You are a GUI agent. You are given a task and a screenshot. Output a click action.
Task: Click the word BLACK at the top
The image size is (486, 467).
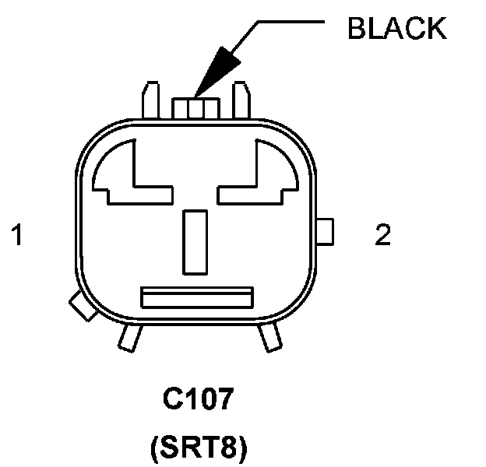pos(396,28)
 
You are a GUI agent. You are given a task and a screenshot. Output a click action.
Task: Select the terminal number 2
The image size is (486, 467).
pos(382,235)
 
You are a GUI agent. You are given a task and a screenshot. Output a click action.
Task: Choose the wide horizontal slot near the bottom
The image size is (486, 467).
pos(196,297)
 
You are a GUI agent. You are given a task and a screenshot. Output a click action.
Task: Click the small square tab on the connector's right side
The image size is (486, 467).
pos(326,231)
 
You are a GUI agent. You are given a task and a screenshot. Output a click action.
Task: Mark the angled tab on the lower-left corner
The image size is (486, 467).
pos(80,306)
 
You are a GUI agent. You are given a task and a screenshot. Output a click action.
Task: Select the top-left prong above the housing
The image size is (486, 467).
pos(150,101)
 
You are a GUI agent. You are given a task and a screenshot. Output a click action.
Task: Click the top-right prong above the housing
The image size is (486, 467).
pos(242,101)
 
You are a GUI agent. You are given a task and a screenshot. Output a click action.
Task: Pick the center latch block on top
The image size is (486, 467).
pos(196,107)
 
